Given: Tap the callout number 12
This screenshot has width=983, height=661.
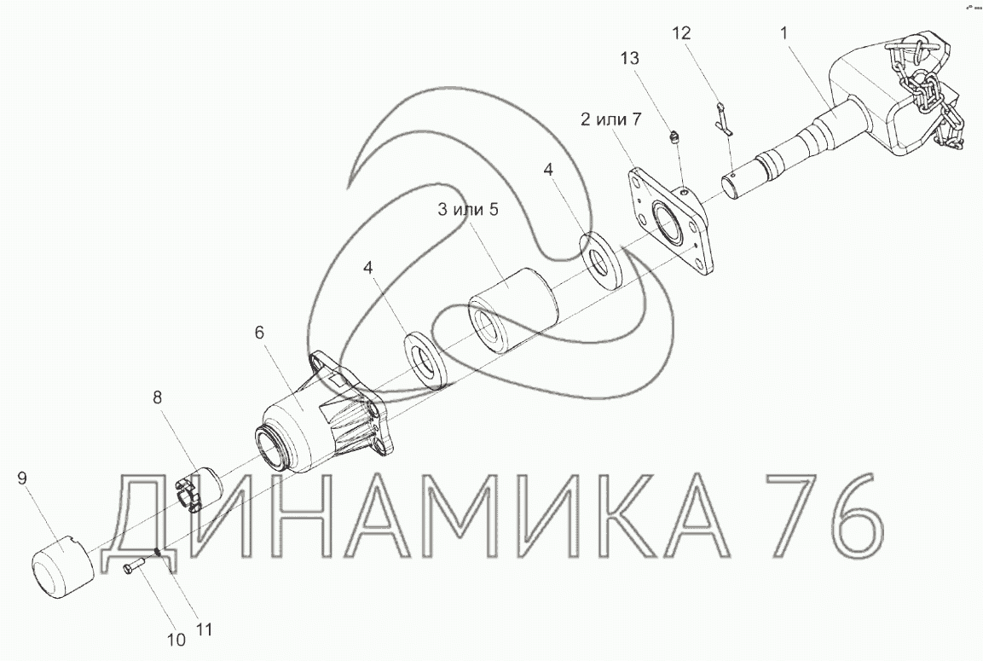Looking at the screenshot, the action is [681, 33].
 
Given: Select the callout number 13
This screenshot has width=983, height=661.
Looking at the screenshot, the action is [630, 58].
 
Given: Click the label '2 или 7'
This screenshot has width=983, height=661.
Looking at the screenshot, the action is [610, 119].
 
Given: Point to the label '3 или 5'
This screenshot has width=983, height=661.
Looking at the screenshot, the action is [468, 210].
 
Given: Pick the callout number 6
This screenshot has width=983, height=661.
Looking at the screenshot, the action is [259, 333].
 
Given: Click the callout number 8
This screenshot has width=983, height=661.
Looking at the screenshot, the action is [157, 397].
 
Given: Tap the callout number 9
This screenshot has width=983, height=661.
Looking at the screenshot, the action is [22, 479].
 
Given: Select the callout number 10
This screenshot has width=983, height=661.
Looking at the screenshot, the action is [176, 641].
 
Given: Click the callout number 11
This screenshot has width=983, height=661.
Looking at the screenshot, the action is [205, 629].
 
